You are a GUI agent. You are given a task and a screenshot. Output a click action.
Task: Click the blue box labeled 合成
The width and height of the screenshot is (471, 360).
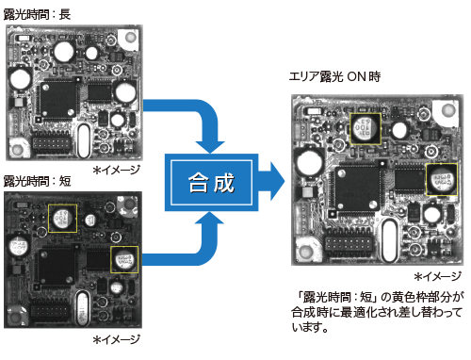pyautogui.click(x=211, y=182)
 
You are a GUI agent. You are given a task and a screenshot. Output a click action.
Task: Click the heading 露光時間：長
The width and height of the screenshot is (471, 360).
pyautogui.click(x=37, y=14)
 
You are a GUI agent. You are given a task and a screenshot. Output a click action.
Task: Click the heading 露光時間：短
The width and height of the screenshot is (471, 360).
pyautogui.click(x=38, y=181)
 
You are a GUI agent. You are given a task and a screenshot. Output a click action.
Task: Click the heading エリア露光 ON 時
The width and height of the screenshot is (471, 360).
pyautogui.click(x=334, y=76)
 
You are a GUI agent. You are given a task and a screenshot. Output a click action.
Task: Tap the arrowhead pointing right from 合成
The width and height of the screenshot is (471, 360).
pyautogui.click(x=277, y=181)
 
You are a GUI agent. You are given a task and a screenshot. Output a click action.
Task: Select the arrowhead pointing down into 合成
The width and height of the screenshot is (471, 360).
pyautogui.click(x=210, y=147)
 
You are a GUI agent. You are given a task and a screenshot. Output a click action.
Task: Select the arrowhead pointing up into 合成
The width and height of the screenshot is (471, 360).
pyautogui.click(x=210, y=218)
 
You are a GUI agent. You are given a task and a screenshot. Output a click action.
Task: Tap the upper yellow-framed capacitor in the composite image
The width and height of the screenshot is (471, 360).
pyautogui.click(x=365, y=129)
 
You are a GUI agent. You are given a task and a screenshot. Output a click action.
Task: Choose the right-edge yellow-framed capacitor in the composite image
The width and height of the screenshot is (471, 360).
pyautogui.click(x=442, y=179)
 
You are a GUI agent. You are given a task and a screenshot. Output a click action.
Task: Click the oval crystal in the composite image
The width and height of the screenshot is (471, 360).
pyautogui.click(x=390, y=240)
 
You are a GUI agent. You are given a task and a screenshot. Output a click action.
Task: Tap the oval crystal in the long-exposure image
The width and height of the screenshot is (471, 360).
pyautogui.click(x=84, y=140)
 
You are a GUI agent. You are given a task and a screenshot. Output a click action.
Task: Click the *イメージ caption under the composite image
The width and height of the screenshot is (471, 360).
pyautogui.click(x=438, y=276)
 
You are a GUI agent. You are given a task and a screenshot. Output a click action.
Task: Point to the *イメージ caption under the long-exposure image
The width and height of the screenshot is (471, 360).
pyautogui.click(x=117, y=170)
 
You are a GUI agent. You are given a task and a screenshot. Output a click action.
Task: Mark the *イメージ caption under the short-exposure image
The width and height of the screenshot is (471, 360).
pyautogui.click(x=117, y=339)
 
